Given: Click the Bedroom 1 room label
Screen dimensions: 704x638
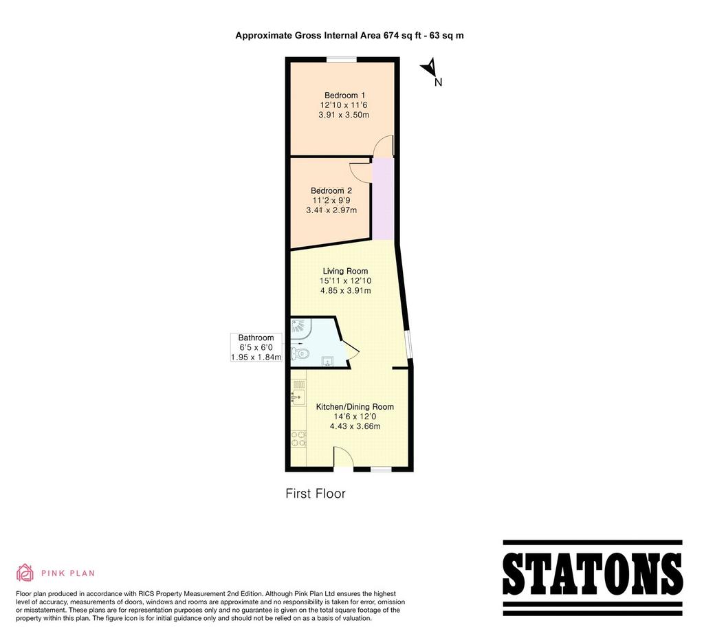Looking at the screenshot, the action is click(x=344, y=95).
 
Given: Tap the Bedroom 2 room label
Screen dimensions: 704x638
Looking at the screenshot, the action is click(x=331, y=191).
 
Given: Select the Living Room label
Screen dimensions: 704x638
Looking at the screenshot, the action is click(x=345, y=271).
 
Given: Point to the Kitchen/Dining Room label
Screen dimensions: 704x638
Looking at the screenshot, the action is click(x=355, y=407).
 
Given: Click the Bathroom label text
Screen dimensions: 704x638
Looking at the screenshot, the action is click(x=256, y=338).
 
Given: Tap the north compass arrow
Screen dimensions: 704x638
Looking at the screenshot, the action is click(x=430, y=67).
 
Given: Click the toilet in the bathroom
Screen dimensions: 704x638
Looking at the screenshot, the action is click(x=300, y=353).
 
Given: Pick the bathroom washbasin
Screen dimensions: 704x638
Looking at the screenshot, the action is click(x=327, y=360).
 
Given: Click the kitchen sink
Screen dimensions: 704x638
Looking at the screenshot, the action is click(x=298, y=397).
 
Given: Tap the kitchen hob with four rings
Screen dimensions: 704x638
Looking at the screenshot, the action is click(x=298, y=439).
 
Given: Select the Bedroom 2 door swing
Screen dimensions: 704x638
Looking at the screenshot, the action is click(x=360, y=172).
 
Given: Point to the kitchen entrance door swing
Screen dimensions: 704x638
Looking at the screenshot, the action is click(x=343, y=457).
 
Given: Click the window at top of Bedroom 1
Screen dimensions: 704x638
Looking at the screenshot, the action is click(x=341, y=59).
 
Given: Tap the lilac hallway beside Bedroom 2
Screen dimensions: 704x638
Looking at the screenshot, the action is click(x=383, y=199).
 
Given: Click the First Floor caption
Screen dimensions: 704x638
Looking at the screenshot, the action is click(x=316, y=494).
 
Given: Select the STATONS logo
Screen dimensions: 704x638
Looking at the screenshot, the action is click(x=593, y=577).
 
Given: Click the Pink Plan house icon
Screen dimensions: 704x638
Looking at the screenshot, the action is click(x=25, y=573).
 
